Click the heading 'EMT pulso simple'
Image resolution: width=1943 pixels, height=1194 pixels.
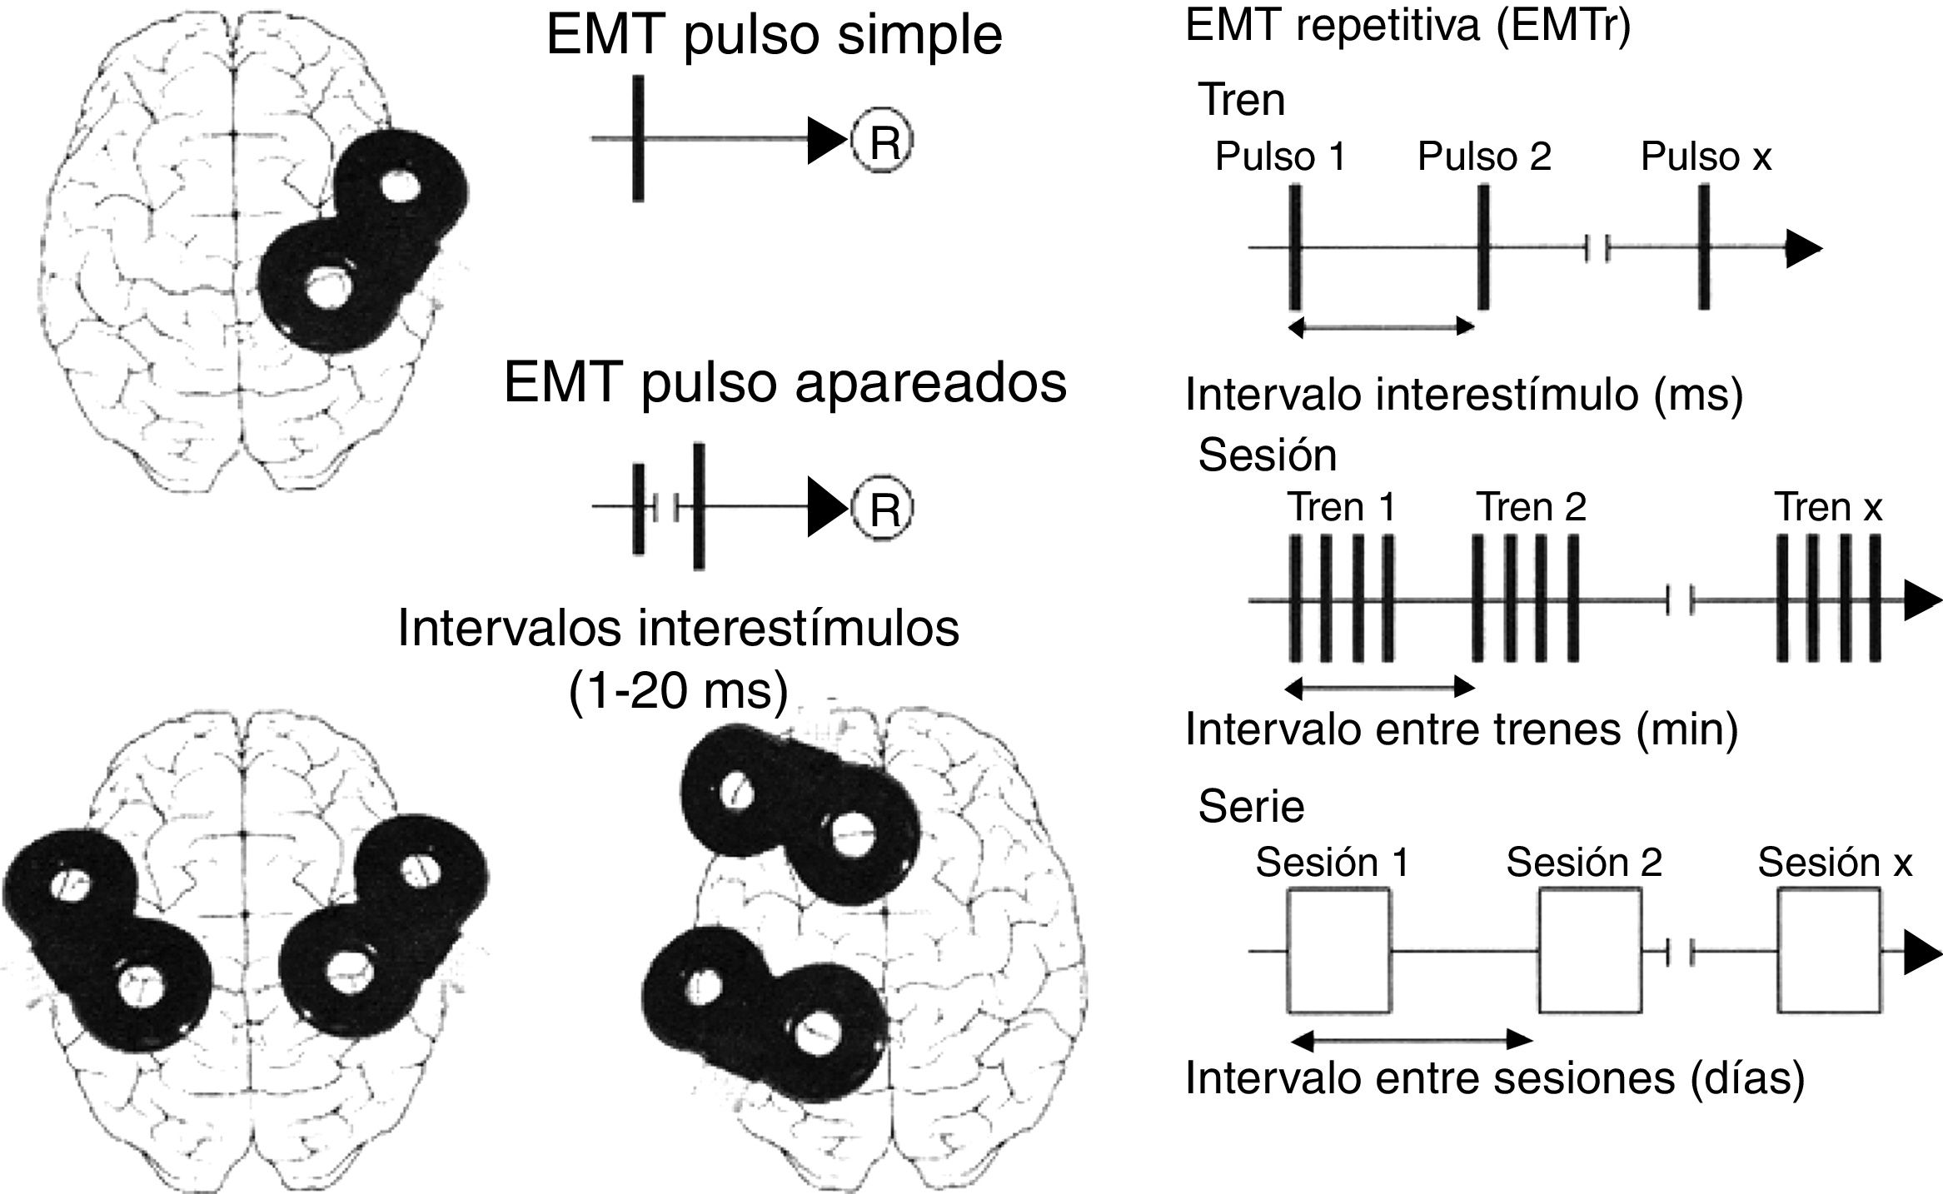coord(774,36)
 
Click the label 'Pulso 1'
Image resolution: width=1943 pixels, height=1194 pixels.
coord(1280,157)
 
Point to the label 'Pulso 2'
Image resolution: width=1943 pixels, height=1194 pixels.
coord(1484,157)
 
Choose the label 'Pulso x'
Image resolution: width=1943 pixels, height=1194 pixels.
coord(1706,157)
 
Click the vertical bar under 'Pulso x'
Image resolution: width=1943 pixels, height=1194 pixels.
coord(1704,247)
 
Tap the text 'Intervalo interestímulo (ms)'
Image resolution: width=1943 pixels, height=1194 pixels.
coord(1463,394)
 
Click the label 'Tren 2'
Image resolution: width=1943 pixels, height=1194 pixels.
coord(1531,507)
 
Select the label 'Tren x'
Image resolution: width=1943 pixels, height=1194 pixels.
coord(1829,507)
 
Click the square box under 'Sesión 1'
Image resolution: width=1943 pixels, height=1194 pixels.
coord(1338,951)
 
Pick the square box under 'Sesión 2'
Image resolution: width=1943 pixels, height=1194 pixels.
coord(1589,951)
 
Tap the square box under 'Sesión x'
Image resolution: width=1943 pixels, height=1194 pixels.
coord(1828,951)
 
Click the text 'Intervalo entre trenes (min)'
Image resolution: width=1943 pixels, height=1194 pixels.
coord(1462,729)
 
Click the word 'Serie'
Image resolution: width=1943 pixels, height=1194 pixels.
coord(1251,806)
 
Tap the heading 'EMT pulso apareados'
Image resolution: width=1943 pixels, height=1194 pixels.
coord(785,384)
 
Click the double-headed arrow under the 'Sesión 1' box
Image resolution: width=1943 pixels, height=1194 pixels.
coord(1410,1040)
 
